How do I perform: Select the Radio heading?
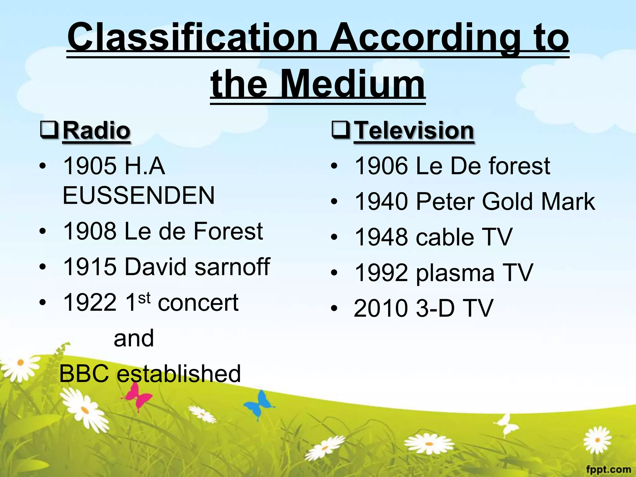click(96, 131)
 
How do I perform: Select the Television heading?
click(414, 131)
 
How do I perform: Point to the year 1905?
click(89, 166)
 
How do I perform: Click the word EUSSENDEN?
click(139, 195)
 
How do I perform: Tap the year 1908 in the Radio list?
click(89, 231)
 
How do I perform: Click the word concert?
click(198, 302)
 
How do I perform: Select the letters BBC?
click(84, 374)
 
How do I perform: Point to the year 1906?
click(381, 166)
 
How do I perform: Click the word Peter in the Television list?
click(445, 202)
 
